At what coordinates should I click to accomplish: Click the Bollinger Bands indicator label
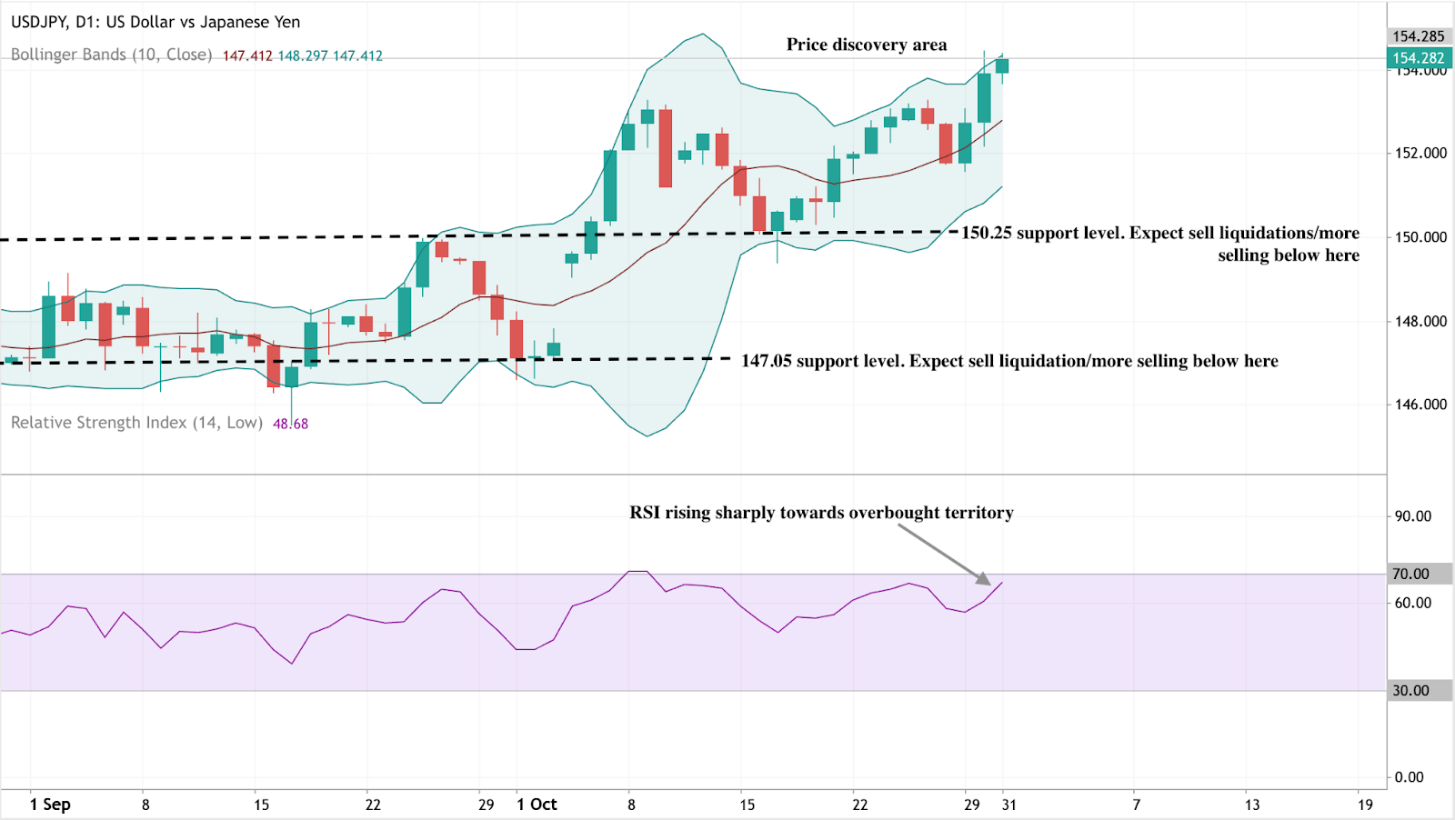[111, 55]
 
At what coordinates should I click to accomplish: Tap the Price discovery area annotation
[866, 45]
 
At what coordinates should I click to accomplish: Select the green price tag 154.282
[1419, 58]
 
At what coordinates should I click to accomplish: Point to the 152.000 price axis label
[1420, 153]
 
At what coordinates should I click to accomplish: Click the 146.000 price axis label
[1420, 405]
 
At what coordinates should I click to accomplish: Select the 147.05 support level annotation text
[1009, 361]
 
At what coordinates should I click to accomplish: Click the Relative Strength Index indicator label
[136, 423]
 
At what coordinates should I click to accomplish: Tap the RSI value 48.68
[290, 424]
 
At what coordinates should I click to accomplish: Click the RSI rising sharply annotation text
[821, 513]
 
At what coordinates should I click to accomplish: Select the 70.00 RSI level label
[1410, 574]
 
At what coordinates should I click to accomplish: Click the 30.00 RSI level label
[1410, 690]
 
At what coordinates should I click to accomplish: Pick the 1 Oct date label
[537, 805]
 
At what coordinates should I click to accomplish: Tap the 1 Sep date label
[50, 805]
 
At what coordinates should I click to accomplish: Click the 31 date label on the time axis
[1008, 805]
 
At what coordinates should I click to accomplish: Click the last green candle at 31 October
[1002, 65]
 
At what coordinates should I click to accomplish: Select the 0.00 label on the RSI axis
[1410, 776]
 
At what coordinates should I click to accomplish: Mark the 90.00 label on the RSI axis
[1412, 516]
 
